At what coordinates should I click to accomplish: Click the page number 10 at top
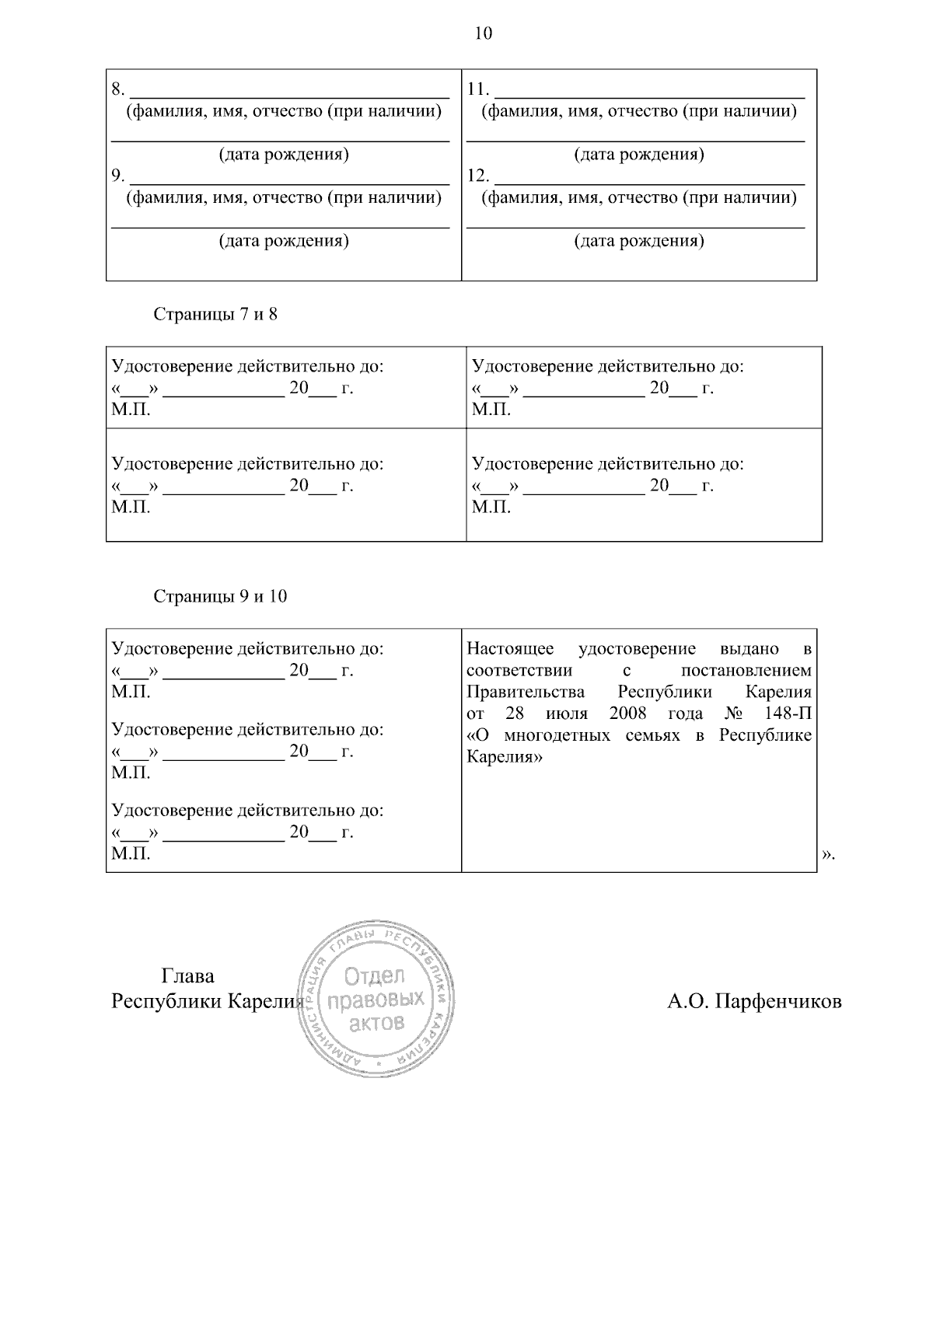tap(483, 33)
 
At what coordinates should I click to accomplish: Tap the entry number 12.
tap(477, 176)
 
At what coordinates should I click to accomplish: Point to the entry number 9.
tap(117, 176)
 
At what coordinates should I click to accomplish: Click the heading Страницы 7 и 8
tap(215, 315)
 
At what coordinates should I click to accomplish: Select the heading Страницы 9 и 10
tap(220, 596)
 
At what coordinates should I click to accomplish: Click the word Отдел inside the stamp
tap(375, 975)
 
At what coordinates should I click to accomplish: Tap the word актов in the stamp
tap(377, 1022)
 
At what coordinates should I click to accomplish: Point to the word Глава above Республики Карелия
tap(187, 976)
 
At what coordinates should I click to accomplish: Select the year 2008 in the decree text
tap(628, 714)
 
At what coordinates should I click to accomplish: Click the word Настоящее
tap(510, 649)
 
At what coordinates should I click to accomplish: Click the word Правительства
tap(526, 692)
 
